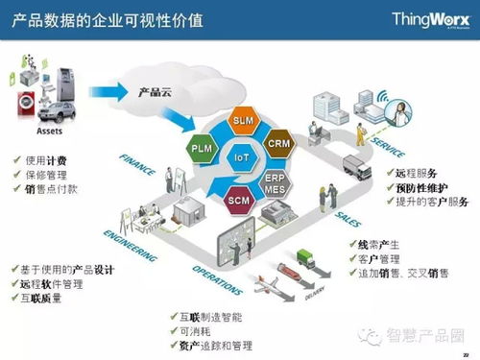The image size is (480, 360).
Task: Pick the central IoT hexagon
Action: pyautogui.click(x=241, y=156)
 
